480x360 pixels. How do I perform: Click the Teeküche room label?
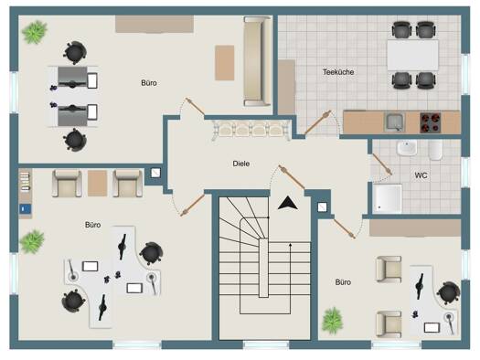click(x=338, y=72)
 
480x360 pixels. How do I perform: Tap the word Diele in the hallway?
click(x=241, y=164)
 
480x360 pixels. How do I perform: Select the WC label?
click(x=421, y=175)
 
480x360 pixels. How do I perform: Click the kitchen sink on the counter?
click(x=395, y=122)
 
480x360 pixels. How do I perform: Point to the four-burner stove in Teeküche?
click(x=430, y=122)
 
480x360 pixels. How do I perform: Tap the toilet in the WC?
click(x=435, y=150)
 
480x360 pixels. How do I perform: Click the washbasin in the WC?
click(x=407, y=148)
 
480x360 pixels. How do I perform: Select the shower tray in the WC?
click(x=388, y=198)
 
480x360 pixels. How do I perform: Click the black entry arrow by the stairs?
click(x=287, y=203)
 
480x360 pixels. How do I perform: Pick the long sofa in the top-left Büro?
click(x=258, y=61)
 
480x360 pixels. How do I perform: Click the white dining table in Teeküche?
click(x=412, y=55)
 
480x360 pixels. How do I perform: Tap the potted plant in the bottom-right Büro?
click(x=332, y=320)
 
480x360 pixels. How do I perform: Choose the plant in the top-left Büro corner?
click(x=35, y=32)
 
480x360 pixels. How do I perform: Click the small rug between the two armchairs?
click(x=97, y=184)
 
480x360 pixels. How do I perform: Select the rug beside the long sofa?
click(x=224, y=63)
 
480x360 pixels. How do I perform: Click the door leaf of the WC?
click(x=382, y=164)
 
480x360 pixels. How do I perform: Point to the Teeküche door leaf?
click(x=318, y=122)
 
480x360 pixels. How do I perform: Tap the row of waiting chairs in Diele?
click(x=251, y=131)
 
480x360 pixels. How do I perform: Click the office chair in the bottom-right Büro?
click(x=449, y=293)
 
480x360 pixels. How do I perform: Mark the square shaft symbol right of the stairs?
click(x=322, y=207)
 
